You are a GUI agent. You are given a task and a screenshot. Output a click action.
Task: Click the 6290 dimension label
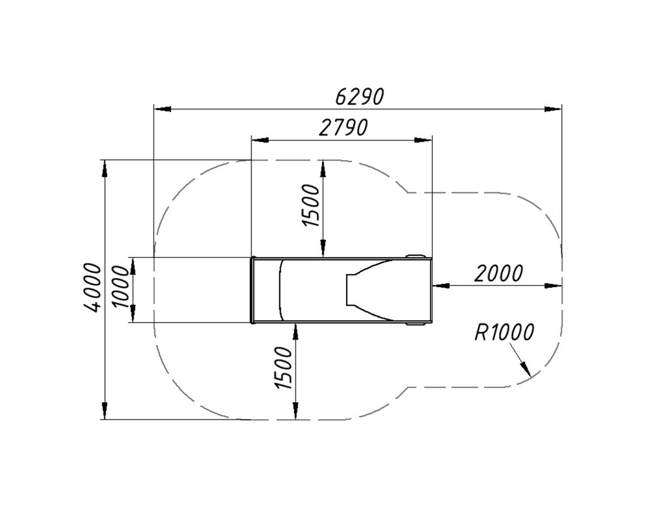click(x=360, y=97)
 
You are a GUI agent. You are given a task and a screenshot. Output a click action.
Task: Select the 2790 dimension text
click(x=343, y=128)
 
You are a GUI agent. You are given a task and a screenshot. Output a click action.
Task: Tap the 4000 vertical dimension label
click(x=92, y=287)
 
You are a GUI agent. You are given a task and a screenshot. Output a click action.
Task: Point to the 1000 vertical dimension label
click(x=121, y=287)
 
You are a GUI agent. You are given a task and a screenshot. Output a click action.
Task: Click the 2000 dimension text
click(x=498, y=273)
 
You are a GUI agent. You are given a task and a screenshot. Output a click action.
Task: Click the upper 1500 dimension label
click(x=312, y=205)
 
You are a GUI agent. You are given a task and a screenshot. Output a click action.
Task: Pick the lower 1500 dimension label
click(x=284, y=368)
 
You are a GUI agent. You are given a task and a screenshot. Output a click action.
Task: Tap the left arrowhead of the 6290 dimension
click(x=162, y=109)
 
